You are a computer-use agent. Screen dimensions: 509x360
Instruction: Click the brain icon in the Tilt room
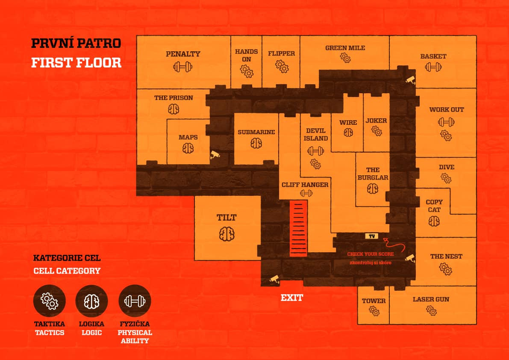pyautogui.click(x=227, y=234)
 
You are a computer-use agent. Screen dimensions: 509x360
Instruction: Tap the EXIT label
pyautogui.click(x=292, y=298)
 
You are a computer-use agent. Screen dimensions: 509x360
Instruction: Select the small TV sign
pyautogui.click(x=372, y=236)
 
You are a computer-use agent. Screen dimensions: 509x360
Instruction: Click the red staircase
pyautogui.click(x=298, y=228)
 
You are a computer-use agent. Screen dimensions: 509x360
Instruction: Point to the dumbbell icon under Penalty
pyautogui.click(x=183, y=67)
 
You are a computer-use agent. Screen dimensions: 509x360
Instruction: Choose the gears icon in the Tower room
pyautogui.click(x=374, y=311)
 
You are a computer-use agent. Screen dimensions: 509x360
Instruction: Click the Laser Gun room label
pyautogui.click(x=431, y=299)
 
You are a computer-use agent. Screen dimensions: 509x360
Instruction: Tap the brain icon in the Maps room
pyautogui.click(x=188, y=148)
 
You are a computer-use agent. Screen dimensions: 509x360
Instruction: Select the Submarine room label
pyautogui.click(x=256, y=132)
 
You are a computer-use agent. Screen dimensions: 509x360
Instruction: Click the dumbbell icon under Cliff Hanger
pyautogui.click(x=306, y=194)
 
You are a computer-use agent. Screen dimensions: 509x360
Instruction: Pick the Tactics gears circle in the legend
pyautogui.click(x=49, y=301)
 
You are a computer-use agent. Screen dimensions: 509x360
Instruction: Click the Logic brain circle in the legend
pyautogui.click(x=91, y=301)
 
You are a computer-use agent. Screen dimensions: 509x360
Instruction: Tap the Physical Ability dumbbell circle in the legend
pyautogui.click(x=134, y=301)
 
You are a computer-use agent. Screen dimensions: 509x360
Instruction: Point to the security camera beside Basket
pyautogui.click(x=410, y=80)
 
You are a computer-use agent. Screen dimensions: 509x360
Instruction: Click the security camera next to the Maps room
pyautogui.click(x=215, y=154)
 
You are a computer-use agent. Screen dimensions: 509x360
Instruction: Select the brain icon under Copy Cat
pyautogui.click(x=434, y=222)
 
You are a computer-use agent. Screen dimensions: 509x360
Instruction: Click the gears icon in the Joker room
pyautogui.click(x=377, y=131)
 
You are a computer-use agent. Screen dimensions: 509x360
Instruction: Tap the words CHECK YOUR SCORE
pyautogui.click(x=371, y=254)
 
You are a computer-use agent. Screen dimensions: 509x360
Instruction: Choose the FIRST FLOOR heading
pyautogui.click(x=76, y=62)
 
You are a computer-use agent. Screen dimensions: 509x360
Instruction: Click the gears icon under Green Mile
pyautogui.click(x=345, y=58)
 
